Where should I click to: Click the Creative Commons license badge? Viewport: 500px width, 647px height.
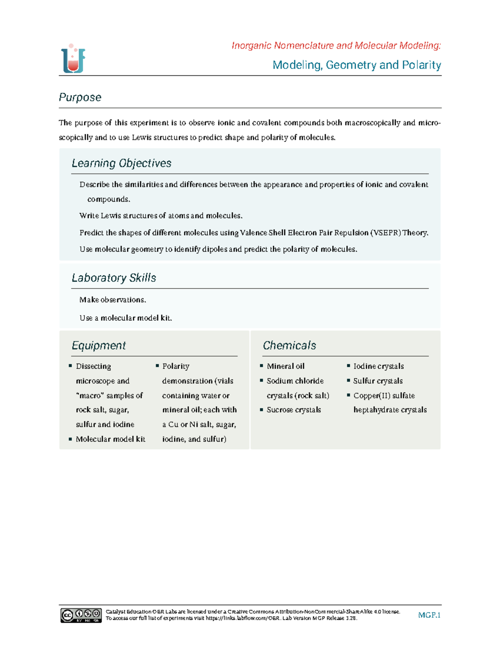pyautogui.click(x=81, y=615)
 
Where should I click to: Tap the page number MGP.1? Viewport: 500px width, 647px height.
pyautogui.click(x=429, y=615)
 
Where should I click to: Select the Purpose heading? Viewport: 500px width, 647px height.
pyautogui.click(x=80, y=97)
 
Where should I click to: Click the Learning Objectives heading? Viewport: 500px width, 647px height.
pyautogui.click(x=121, y=163)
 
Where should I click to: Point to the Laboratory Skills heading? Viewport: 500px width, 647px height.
pyautogui.click(x=114, y=278)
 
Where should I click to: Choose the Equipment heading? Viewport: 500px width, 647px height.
pyautogui.click(x=99, y=345)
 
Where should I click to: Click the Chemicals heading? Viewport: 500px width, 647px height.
pyautogui.click(x=289, y=345)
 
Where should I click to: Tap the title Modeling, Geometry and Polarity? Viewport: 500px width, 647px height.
pyautogui.click(x=357, y=65)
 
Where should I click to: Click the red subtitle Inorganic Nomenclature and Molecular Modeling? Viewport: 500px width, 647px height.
pyautogui.click(x=336, y=45)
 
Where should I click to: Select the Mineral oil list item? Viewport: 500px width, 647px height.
pyautogui.click(x=285, y=366)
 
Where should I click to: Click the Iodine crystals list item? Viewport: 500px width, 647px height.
pyautogui.click(x=378, y=366)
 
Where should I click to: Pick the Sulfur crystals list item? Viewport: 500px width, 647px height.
pyautogui.click(x=377, y=381)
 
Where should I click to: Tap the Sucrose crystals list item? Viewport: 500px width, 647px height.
pyautogui.click(x=294, y=410)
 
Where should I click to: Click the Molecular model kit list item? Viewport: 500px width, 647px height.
pyautogui.click(x=110, y=439)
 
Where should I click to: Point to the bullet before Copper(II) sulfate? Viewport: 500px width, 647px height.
pyautogui.click(x=348, y=395)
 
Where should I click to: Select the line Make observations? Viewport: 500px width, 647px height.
pyautogui.click(x=112, y=300)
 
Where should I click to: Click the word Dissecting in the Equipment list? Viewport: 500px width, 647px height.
pyautogui.click(x=93, y=366)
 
